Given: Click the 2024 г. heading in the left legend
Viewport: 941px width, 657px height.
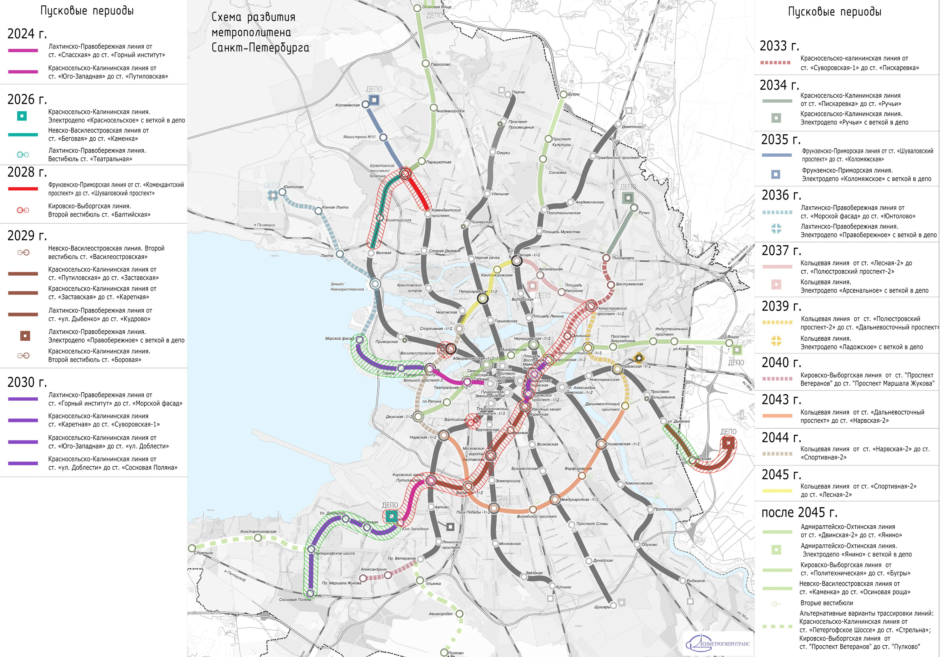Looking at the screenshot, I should coord(27,34).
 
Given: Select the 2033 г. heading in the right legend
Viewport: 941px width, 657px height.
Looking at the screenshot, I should coord(779,46).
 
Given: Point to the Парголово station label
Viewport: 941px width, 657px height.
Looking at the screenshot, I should coord(441,64).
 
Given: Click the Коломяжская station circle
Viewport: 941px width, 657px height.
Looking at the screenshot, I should coord(365,104).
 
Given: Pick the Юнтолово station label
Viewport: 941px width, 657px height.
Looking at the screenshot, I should coord(294,187).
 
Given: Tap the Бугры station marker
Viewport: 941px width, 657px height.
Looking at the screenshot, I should coord(564,95).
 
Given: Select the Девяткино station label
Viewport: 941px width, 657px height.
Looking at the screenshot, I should coord(632,127).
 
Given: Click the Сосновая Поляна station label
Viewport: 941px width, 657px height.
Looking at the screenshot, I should coord(295,600).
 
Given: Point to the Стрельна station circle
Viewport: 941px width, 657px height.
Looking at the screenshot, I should coord(192,548).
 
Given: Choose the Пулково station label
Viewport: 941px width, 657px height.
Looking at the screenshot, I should coord(456,653).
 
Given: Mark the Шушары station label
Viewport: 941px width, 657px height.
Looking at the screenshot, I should coord(602,607).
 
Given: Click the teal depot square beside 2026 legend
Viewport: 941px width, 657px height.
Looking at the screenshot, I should coord(22,116).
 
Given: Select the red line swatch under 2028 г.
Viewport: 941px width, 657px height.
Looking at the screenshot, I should coord(23,189).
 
